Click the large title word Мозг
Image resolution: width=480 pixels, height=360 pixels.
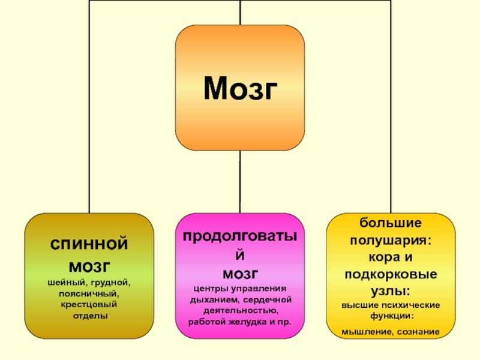click(x=240, y=88)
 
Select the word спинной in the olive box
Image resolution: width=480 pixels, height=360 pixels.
click(x=88, y=245)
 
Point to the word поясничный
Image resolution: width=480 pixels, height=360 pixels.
click(x=88, y=293)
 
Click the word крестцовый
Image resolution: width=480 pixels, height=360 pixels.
click(x=88, y=304)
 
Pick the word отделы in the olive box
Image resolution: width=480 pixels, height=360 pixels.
click(x=88, y=315)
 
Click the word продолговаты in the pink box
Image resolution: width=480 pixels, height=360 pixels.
click(x=240, y=236)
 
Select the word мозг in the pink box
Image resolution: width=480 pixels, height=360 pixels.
click(x=240, y=274)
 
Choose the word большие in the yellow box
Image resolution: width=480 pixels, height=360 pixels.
click(x=391, y=223)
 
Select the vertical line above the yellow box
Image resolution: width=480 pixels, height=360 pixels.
click(x=391, y=120)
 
